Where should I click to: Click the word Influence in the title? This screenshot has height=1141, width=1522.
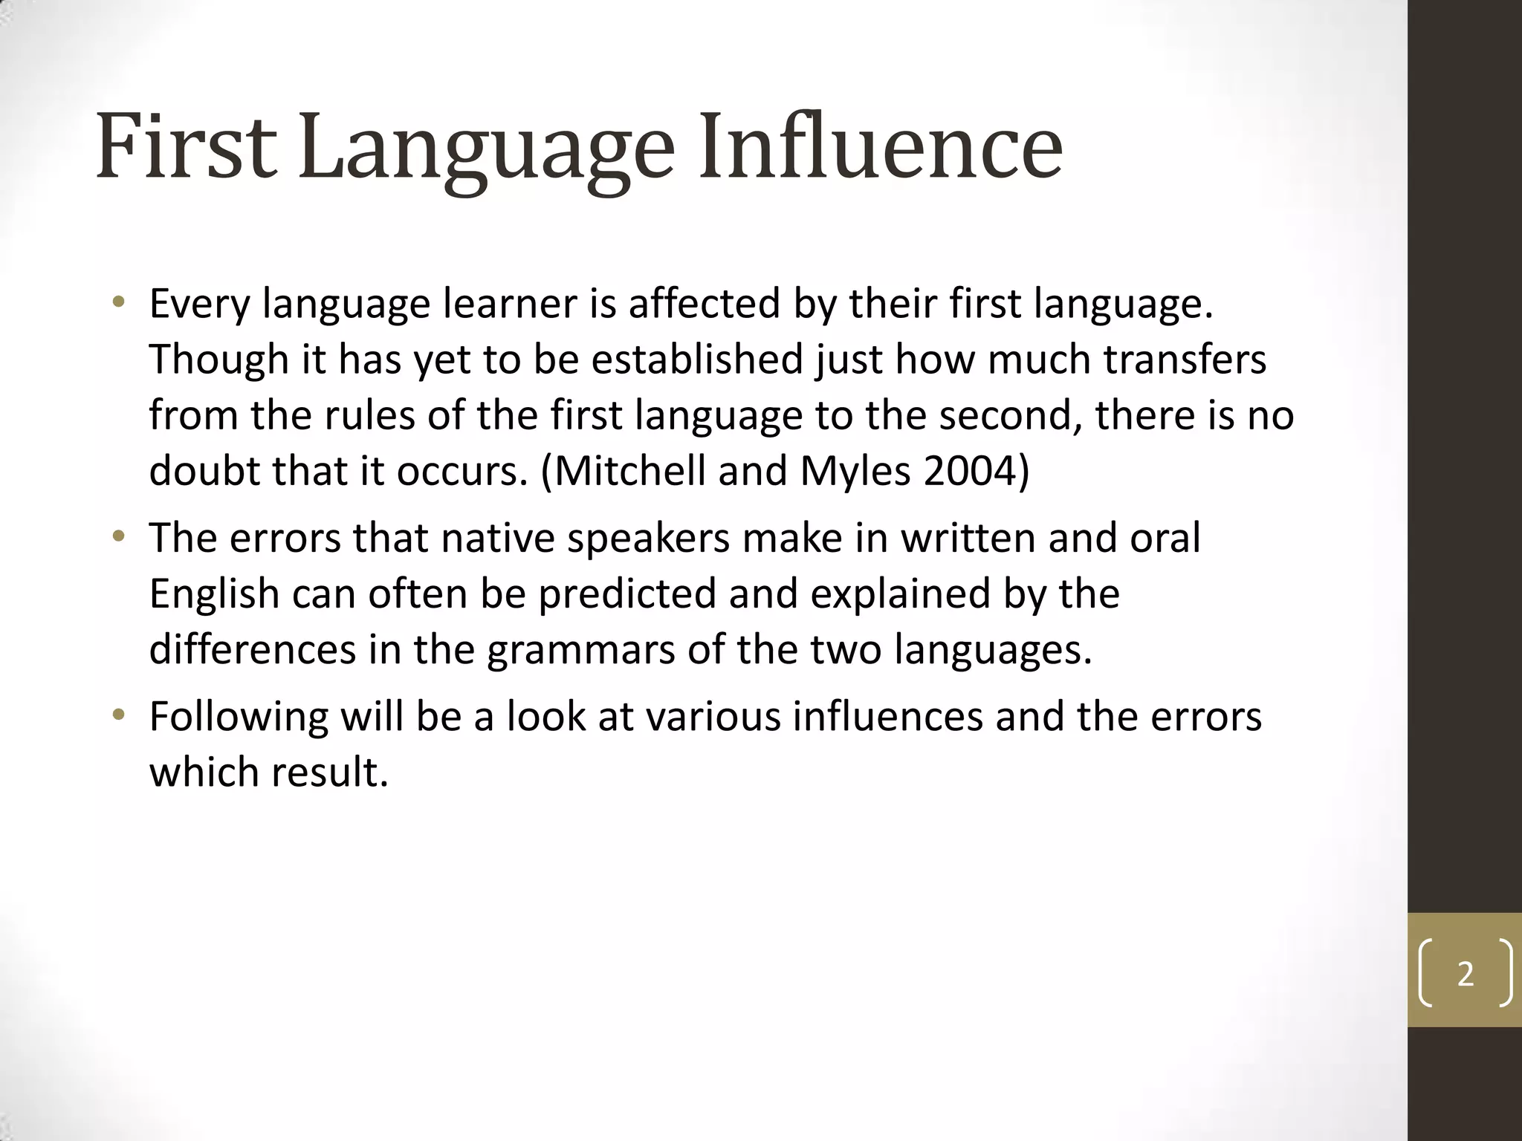[x=880, y=146]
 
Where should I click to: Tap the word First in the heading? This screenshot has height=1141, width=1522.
[x=186, y=146]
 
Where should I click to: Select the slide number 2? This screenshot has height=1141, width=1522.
[x=1465, y=974]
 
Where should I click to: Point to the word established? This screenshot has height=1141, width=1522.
[x=697, y=360]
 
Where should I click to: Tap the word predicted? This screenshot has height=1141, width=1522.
[x=626, y=594]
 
